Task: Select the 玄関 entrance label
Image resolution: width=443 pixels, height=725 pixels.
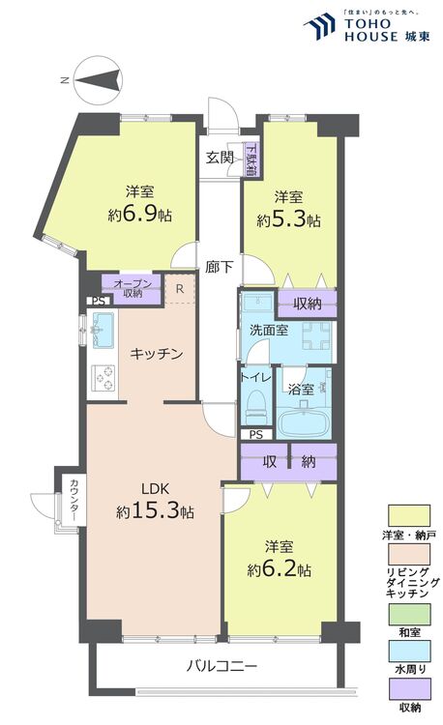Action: click(x=220, y=158)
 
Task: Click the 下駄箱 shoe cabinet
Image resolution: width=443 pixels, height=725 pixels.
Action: click(x=251, y=160)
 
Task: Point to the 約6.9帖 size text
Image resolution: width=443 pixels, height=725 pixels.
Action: click(x=141, y=215)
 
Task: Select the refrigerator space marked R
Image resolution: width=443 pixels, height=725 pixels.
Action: click(x=180, y=288)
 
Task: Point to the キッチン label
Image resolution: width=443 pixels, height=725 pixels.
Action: click(x=157, y=354)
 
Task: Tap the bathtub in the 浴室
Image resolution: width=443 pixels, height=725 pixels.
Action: click(x=304, y=422)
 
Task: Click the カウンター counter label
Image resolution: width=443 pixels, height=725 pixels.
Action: click(x=72, y=501)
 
